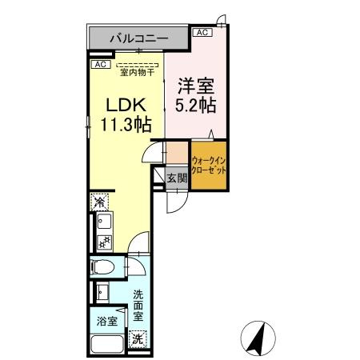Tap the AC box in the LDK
click(100, 63)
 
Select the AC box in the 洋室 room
click(202, 32)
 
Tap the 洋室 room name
click(196, 84)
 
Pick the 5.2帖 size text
click(196, 104)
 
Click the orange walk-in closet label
click(208, 165)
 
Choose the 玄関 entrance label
click(177, 178)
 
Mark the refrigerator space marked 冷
click(100, 201)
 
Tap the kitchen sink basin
click(102, 222)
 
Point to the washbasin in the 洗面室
click(102, 291)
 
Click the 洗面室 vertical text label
click(138, 304)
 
